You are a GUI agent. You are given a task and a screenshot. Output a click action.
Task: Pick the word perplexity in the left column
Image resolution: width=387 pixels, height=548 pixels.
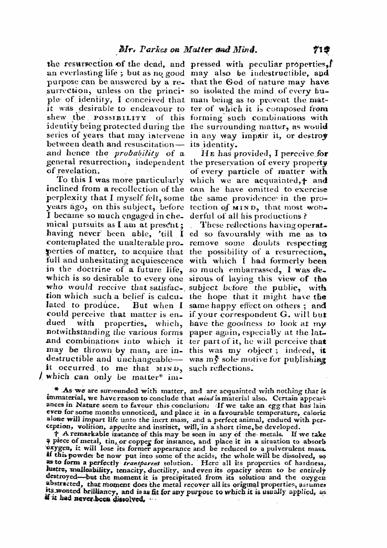pos(68,198)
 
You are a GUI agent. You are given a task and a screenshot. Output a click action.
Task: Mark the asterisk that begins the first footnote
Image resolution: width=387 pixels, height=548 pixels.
pos(58,390)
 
